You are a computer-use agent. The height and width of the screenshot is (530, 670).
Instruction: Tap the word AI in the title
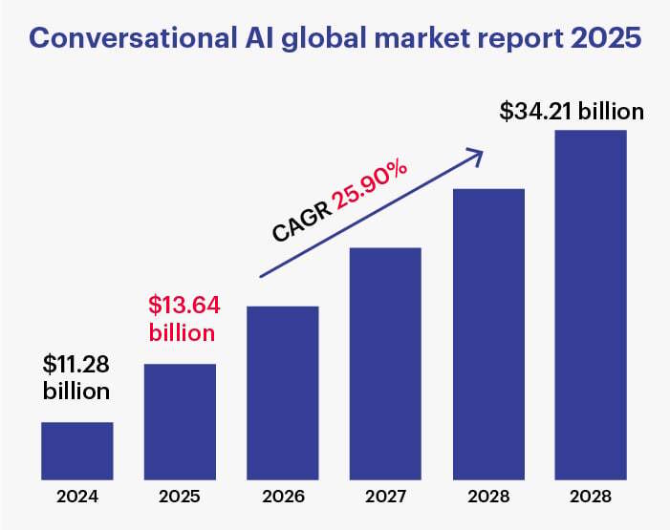(x=252, y=39)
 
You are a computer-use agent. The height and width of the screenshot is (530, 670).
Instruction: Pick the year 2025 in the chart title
(x=596, y=39)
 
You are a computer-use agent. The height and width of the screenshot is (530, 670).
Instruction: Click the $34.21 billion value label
(x=572, y=111)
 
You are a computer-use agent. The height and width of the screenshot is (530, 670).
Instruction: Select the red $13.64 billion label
(x=182, y=319)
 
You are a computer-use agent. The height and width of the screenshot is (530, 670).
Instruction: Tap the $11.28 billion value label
(x=76, y=377)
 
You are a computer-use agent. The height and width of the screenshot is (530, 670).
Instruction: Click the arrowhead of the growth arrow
(x=472, y=153)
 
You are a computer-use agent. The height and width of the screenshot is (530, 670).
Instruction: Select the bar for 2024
(x=77, y=450)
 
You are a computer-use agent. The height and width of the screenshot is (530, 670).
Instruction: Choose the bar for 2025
(x=180, y=421)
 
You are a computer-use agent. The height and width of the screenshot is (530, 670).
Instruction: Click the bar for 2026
(x=283, y=392)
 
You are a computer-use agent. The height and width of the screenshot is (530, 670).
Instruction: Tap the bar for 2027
(x=385, y=363)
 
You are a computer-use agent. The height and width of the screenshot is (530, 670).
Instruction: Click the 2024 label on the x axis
(x=77, y=498)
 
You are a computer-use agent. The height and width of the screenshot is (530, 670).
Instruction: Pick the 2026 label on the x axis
(x=283, y=498)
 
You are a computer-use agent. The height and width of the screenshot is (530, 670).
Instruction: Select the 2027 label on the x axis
(x=385, y=498)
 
